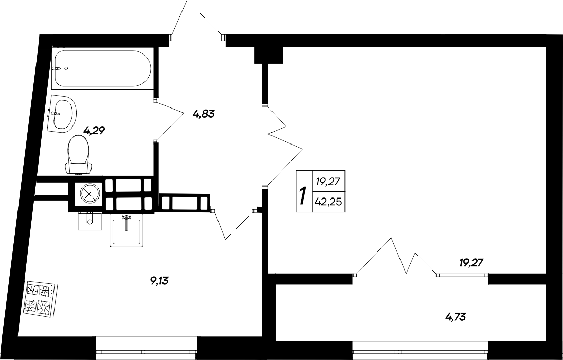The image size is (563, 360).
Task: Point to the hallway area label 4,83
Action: point(203,113)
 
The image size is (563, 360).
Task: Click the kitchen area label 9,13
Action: point(159,281)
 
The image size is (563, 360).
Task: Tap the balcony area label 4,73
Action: point(456,315)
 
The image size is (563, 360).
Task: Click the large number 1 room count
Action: point(303,195)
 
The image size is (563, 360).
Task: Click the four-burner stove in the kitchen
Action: point(39,299)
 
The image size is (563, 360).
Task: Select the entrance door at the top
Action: point(197,23)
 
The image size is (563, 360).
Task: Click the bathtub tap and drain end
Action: point(58,68)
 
